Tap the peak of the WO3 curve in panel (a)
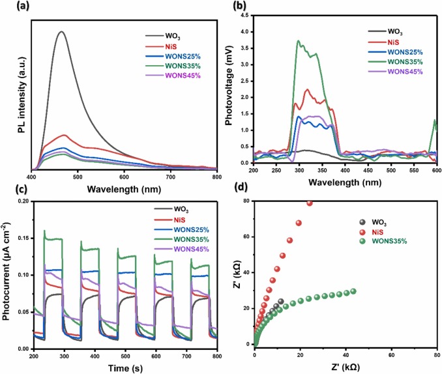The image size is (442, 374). [62, 31]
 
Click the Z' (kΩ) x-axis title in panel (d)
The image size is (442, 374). [346, 367]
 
